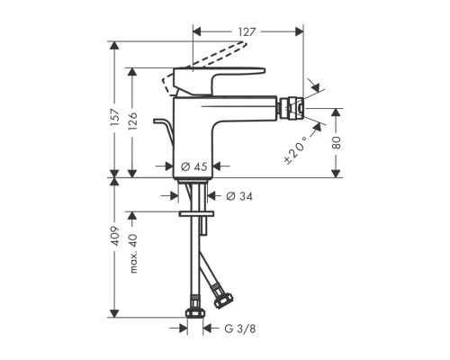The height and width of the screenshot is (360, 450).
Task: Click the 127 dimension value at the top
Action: pyautogui.click(x=247, y=31)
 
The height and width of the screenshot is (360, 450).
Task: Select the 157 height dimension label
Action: pyautogui.click(x=115, y=117)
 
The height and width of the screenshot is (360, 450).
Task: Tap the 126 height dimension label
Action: pyautogui.click(x=132, y=121)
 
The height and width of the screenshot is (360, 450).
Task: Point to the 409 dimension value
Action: pyautogui.click(x=115, y=236)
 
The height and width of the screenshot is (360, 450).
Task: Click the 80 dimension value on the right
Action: pyautogui.click(x=337, y=143)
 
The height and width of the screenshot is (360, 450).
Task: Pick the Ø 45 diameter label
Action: pyautogui.click(x=194, y=166)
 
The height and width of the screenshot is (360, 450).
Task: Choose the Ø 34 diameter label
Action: pyautogui.click(x=239, y=196)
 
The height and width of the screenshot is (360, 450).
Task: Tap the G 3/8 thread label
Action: pyautogui.click(x=240, y=328)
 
